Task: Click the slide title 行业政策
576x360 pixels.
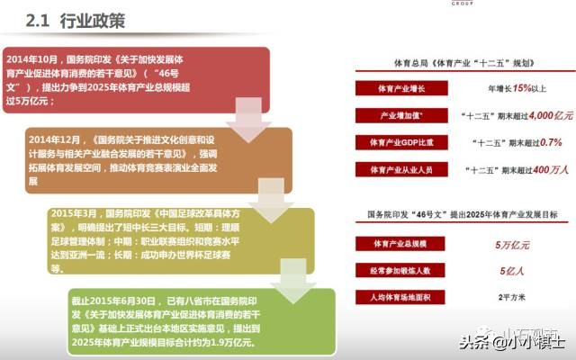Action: tap(94, 20)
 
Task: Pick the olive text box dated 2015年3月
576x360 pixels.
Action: tap(180, 235)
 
